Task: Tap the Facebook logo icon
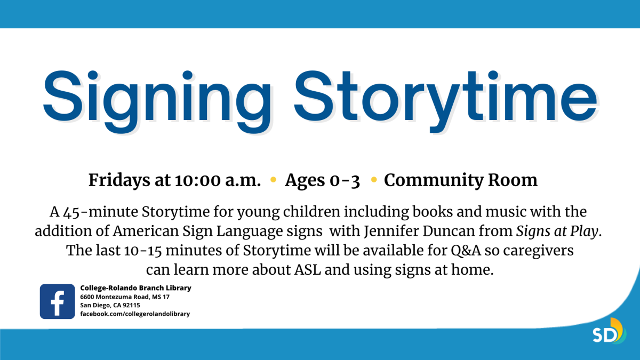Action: coord(57,301)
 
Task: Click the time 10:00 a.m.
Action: coord(217,180)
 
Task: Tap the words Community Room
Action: coord(461,180)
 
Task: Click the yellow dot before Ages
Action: coord(274,180)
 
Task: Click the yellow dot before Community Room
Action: coord(374,180)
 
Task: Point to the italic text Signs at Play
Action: coord(559,231)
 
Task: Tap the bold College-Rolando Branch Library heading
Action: coord(135,288)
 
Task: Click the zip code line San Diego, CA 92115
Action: coord(110,305)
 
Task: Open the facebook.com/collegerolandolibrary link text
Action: coord(135,314)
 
